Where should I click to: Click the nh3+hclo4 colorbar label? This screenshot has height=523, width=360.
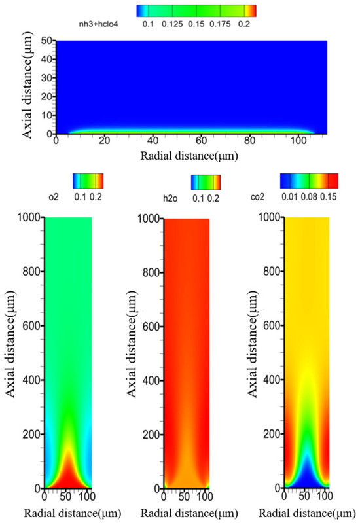[98, 24]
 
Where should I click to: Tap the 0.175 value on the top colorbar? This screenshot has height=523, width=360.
[220, 24]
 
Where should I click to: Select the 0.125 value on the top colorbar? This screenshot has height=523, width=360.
[172, 24]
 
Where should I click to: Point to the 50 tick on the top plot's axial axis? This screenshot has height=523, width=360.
[46, 41]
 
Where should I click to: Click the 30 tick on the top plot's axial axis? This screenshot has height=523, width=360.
[46, 78]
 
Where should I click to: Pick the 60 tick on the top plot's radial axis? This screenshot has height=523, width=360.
[201, 141]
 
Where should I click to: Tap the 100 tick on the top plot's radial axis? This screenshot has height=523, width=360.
[298, 141]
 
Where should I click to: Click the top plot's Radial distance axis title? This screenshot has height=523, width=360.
[189, 156]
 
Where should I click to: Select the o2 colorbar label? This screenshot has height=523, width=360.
[54, 197]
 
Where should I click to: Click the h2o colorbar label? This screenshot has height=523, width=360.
[170, 199]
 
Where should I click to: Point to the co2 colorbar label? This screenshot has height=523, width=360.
[257, 197]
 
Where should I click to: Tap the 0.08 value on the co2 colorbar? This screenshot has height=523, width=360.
[310, 197]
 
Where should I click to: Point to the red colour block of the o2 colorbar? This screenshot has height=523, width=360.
[99, 181]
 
